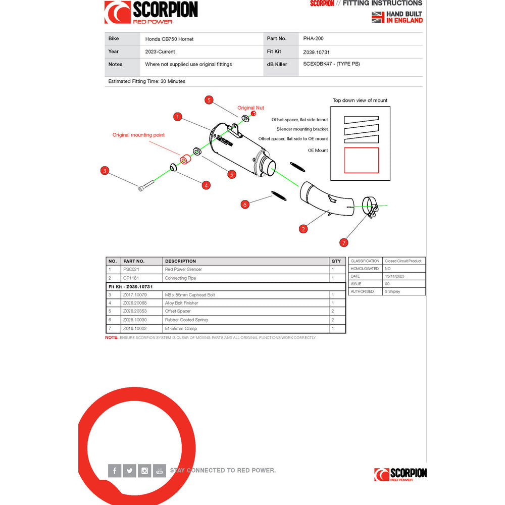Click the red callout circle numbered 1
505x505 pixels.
177,117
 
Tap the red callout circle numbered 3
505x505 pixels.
105,170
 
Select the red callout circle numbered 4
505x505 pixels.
206,185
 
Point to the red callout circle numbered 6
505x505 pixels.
245,204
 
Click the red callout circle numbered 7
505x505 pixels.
344,242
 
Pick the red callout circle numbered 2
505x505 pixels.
303,229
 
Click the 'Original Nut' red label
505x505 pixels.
250,108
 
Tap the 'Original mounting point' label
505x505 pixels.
138,135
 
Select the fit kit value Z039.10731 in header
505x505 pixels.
317,52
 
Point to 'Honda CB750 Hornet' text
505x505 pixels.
169,39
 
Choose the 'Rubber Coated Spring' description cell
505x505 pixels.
186,320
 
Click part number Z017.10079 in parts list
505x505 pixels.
135,294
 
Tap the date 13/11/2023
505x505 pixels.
394,276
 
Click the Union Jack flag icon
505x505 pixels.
378,17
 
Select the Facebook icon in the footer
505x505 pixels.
115,471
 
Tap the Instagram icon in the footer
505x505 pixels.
144,471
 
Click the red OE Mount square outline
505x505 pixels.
361,160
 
